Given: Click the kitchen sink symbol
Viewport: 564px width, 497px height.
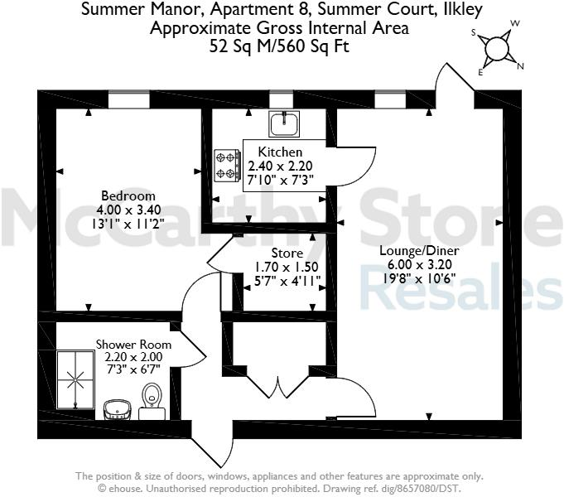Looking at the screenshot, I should pos(283,123).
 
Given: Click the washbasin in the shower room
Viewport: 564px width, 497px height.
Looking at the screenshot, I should pos(115,408).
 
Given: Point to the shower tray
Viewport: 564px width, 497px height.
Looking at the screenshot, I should pos(75,380).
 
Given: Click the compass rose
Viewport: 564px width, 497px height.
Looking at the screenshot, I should pos(497,48).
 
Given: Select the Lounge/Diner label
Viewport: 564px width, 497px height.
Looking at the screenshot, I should pos(419,250).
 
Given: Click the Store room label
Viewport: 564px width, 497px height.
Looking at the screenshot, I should pos(287,253).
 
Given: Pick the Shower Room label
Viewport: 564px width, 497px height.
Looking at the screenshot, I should pos(133,344).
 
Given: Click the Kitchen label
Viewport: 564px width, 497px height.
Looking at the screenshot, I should pos(280,152).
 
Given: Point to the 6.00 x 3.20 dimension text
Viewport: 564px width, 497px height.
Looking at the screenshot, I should pos(419,264).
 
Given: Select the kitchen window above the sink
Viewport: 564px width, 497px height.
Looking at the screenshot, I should pos(283,100).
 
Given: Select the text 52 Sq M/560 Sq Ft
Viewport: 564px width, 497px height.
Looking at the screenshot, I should pos(280,46).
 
